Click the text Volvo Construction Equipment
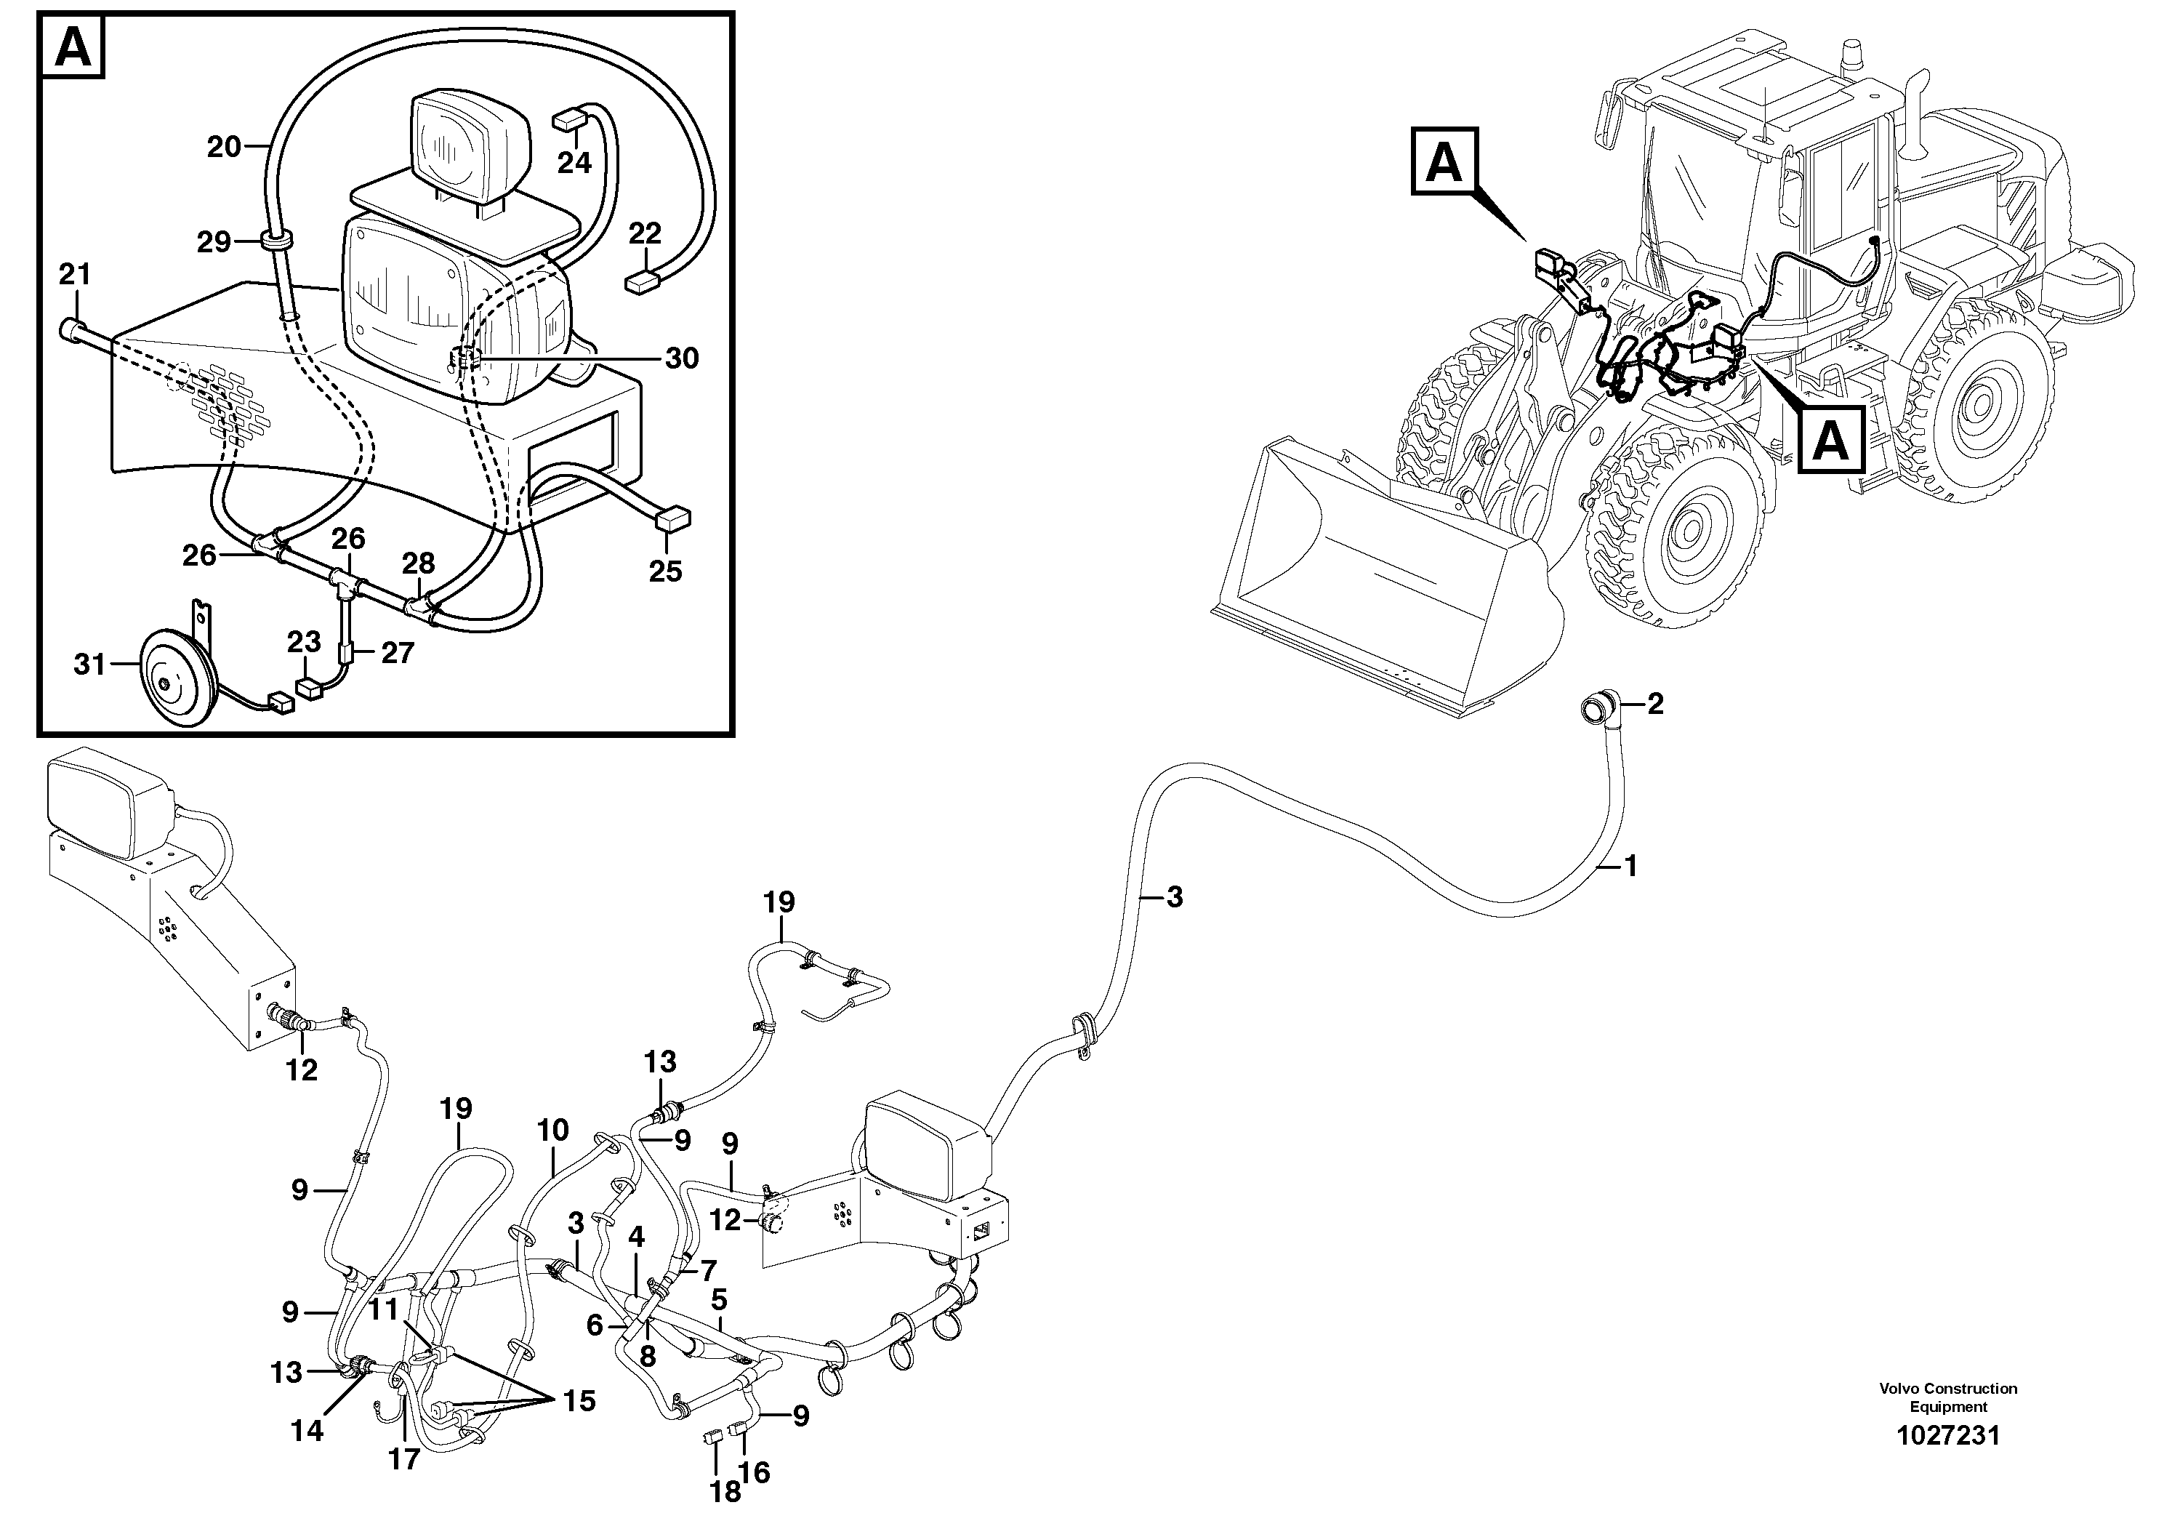tap(1947, 1397)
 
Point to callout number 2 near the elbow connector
tap(1655, 703)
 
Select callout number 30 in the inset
tap(681, 358)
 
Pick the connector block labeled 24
tap(568, 120)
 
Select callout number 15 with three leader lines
tap(579, 1401)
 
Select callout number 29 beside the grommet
tap(214, 242)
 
